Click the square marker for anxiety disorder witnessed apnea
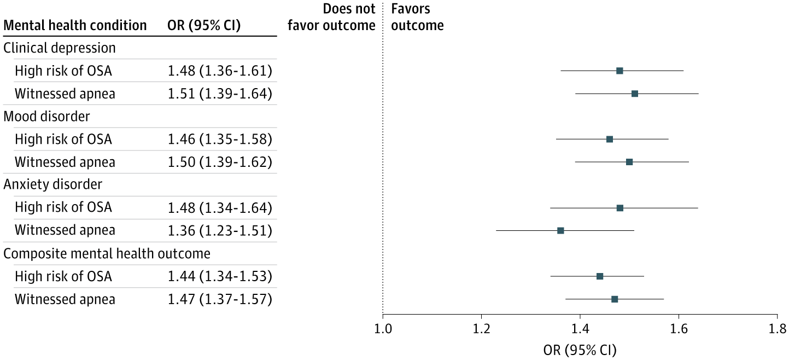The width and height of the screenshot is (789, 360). [560, 230]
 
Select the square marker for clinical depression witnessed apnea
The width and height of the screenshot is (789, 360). [635, 94]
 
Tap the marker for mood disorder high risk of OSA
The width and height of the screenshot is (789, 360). [610, 139]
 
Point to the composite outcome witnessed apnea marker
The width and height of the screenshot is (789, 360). [615, 299]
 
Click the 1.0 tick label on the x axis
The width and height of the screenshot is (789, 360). [383, 328]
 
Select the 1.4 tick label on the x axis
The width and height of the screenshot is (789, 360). [580, 328]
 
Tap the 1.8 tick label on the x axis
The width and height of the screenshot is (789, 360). [777, 328]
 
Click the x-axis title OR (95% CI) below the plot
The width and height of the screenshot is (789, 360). [580, 349]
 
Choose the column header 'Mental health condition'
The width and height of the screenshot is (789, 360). [75, 25]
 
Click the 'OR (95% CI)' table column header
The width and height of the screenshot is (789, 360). [203, 25]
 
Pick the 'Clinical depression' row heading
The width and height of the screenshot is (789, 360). [60, 48]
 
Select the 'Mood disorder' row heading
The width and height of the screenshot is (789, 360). [47, 117]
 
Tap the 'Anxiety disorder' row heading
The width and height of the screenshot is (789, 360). [53, 185]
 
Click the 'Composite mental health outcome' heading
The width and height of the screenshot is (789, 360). [107, 253]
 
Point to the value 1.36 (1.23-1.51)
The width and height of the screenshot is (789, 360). [220, 230]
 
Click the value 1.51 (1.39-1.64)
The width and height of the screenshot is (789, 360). [220, 94]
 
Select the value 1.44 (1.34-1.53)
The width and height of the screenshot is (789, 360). [220, 276]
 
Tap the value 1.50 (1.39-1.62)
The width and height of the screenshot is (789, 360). [220, 162]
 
